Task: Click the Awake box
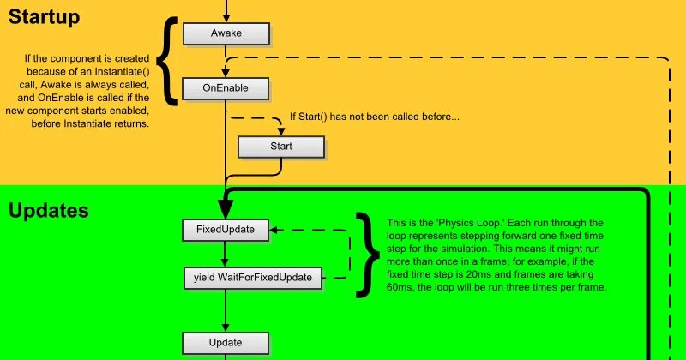pyautogui.click(x=226, y=33)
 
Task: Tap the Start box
pyautogui.click(x=280, y=147)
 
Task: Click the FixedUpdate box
pyautogui.click(x=225, y=230)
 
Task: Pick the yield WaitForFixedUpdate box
pyautogui.click(x=253, y=277)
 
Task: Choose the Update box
pyautogui.click(x=225, y=344)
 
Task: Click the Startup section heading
pyautogui.click(x=44, y=16)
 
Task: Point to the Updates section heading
pyautogui.click(x=49, y=211)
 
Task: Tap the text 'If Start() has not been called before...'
pyautogui.click(x=374, y=117)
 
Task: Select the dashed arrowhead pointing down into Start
pyautogui.click(x=280, y=130)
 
